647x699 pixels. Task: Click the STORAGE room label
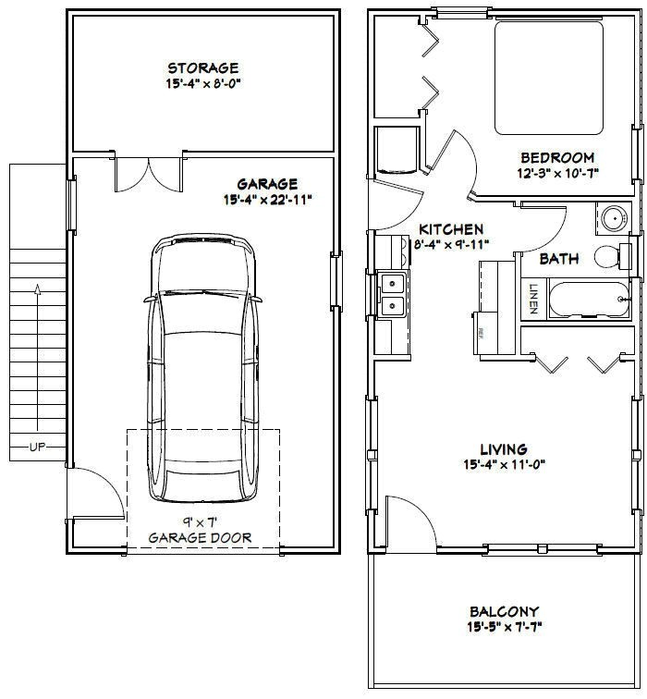(202, 67)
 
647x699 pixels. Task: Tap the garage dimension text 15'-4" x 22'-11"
(267, 199)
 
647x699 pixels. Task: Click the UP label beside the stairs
(37, 448)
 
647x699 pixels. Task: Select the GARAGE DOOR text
(200, 537)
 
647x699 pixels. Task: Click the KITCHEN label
(451, 228)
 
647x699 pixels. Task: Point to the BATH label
(559, 259)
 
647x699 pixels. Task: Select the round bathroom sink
(611, 218)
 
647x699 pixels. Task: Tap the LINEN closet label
(533, 298)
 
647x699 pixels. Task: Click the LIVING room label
(504, 449)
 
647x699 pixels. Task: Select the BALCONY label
(504, 612)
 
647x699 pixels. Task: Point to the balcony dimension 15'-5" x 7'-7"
(504, 628)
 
